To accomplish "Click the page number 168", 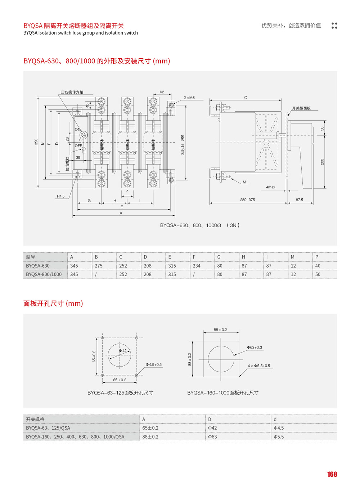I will click(332, 474).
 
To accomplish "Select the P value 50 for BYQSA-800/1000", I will click(318, 274).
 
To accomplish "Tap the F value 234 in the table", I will click(197, 266).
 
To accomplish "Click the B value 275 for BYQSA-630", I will click(99, 266).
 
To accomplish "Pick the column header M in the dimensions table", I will click(293, 257).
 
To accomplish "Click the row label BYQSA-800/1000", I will click(44, 274).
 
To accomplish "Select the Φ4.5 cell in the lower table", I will click(279, 428).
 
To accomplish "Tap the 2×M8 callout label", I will click(189, 98).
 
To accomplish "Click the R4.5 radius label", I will click(60, 196).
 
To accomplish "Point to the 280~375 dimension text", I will click(247, 200).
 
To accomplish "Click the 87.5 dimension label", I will click(300, 200).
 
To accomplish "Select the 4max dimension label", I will click(271, 187).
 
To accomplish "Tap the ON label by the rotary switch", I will click(78, 130).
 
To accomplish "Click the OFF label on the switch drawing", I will click(78, 146).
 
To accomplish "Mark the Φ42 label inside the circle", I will click(123, 351).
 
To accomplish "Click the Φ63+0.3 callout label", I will click(255, 347).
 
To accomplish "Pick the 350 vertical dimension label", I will click(36, 142).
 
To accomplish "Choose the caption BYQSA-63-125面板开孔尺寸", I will click(120, 393).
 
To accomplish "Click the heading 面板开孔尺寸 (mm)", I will click(53, 304).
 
